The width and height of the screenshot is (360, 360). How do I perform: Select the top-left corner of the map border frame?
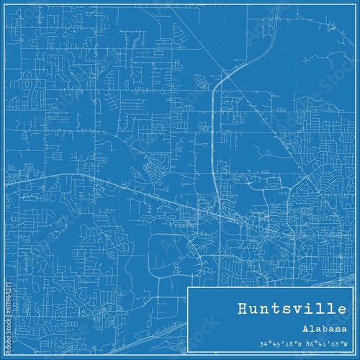[9, 9]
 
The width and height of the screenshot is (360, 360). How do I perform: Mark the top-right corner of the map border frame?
[351, 9]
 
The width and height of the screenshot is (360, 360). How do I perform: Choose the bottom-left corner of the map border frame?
[9, 351]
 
